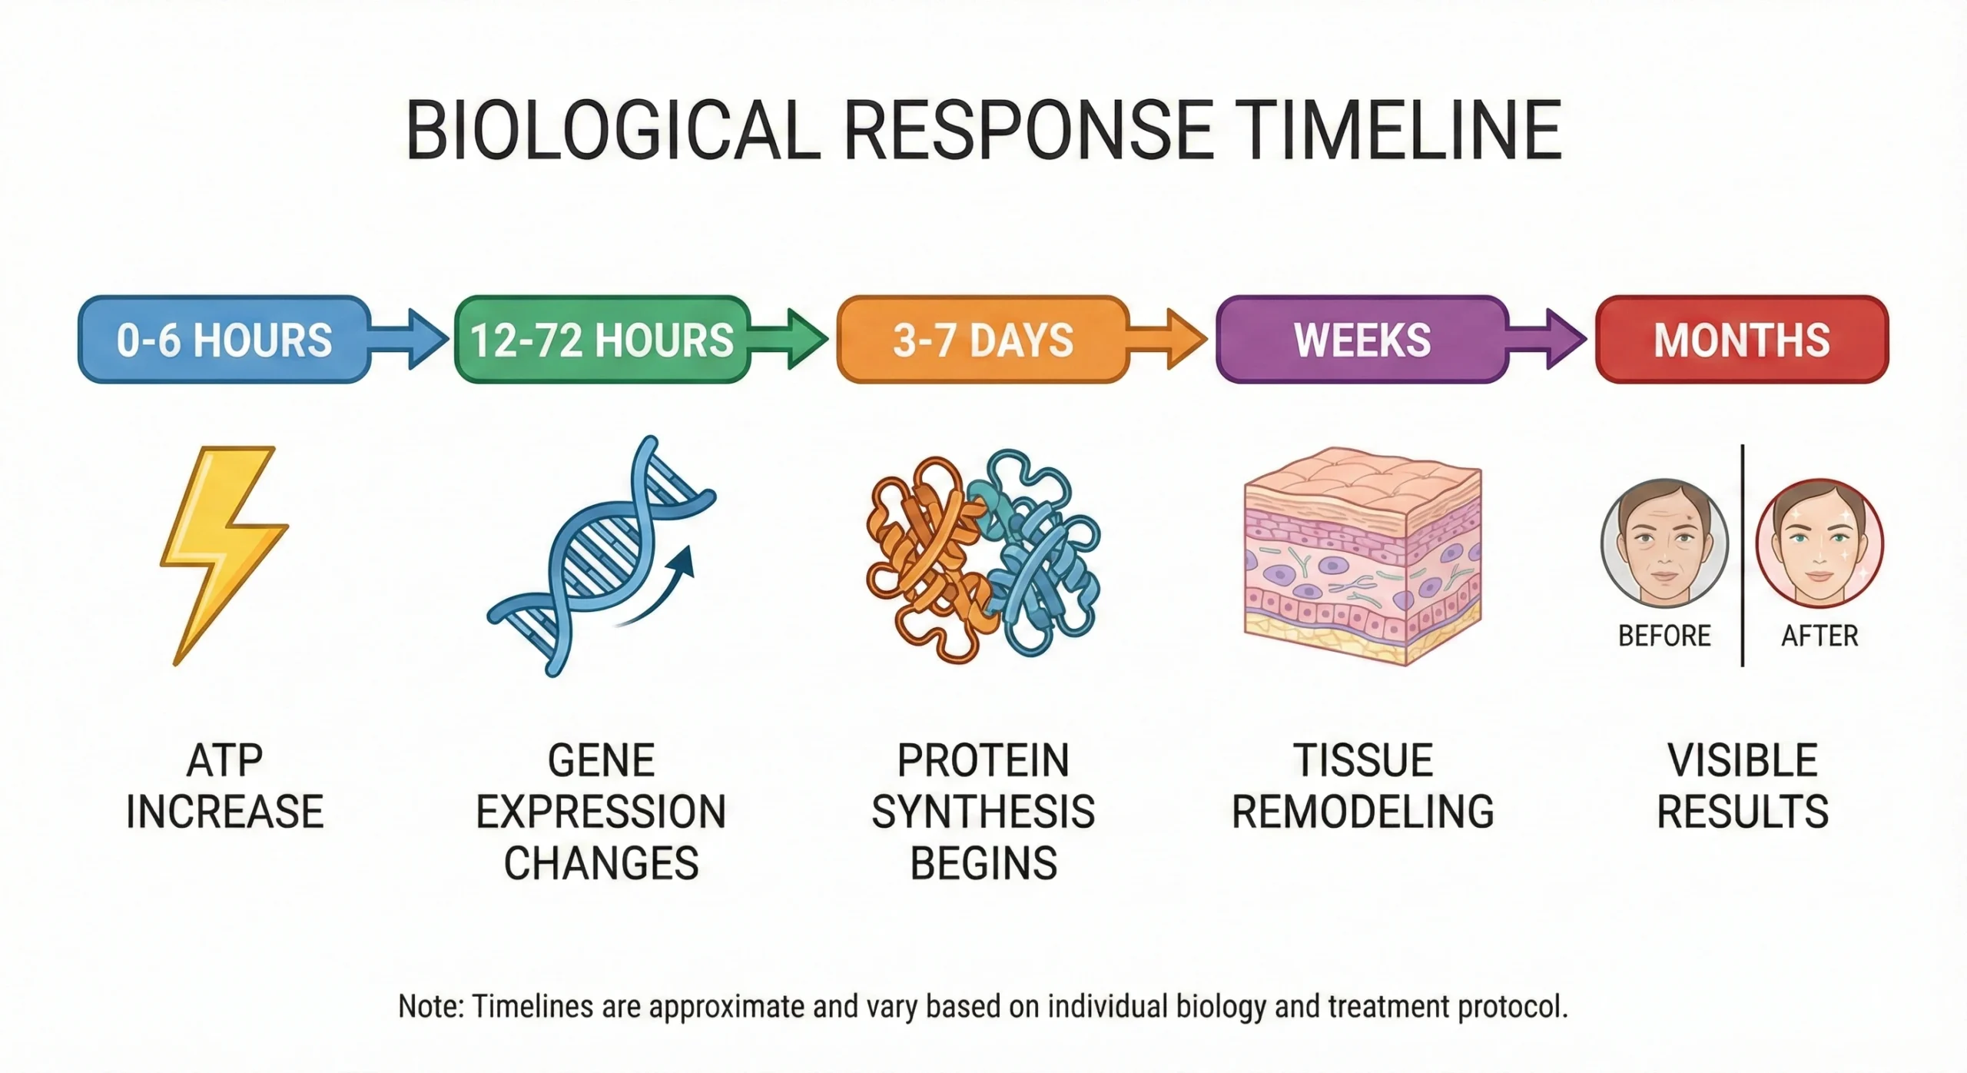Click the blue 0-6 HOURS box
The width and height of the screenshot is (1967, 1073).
pyautogui.click(x=224, y=339)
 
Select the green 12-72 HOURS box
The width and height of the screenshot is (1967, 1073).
pyautogui.click(x=602, y=339)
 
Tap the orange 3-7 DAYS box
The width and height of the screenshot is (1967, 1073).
pyautogui.click(x=983, y=339)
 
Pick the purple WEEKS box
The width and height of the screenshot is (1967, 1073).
pyautogui.click(x=1362, y=339)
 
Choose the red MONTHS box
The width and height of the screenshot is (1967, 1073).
pyautogui.click(x=1742, y=339)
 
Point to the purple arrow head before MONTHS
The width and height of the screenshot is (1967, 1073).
pyautogui.click(x=1565, y=339)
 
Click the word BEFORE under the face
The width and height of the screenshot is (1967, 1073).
pyautogui.click(x=1664, y=636)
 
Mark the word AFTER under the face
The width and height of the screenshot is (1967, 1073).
pyautogui.click(x=1819, y=636)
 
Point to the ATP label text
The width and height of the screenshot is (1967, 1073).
pyautogui.click(x=224, y=761)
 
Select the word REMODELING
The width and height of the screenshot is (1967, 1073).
pyautogui.click(x=1362, y=812)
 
